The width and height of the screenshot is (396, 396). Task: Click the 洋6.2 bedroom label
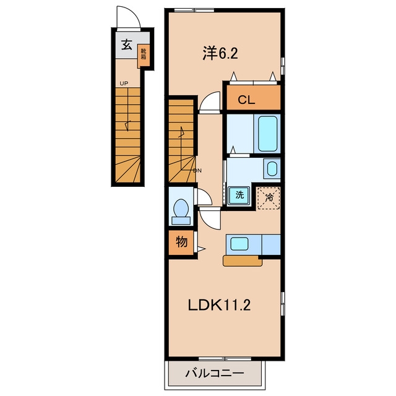tap(220, 53)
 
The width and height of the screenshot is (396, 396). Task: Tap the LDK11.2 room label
tap(219, 305)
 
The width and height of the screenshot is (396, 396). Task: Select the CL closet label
tap(246, 100)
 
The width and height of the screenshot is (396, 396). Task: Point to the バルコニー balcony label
tap(215, 373)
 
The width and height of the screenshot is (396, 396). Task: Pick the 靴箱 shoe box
tap(144, 56)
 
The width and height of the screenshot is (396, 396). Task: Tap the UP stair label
tap(124, 84)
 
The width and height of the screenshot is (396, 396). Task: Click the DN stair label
tap(197, 171)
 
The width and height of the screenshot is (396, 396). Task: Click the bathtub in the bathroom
tap(267, 134)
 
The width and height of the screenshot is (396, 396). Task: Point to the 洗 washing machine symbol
tap(239, 196)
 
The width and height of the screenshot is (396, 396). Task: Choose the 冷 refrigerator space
tap(269, 198)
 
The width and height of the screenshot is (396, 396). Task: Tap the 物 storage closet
tap(181, 242)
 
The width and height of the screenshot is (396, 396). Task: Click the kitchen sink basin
tap(239, 244)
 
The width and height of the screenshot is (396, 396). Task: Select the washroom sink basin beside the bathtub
tap(272, 169)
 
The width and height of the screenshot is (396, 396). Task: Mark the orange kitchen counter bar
tap(243, 261)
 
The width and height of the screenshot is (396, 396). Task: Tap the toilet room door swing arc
tap(207, 194)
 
